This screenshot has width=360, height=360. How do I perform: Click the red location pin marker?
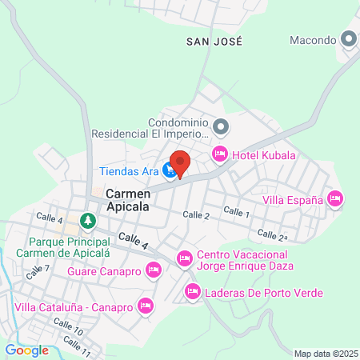click(x=180, y=163)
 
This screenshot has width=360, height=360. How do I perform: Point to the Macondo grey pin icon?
click(x=348, y=39)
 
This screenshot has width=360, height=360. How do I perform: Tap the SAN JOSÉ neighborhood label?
click(x=213, y=40)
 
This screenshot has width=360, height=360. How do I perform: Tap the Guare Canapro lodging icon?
click(x=154, y=272)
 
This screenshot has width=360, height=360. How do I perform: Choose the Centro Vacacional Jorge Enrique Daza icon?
click(x=185, y=258)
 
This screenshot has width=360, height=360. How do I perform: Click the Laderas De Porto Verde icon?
click(x=192, y=292)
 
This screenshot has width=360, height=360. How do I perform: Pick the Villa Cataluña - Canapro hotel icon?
click(x=145, y=305)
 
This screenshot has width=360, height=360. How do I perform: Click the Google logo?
click(x=26, y=350)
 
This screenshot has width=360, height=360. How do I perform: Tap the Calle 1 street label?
click(x=237, y=211)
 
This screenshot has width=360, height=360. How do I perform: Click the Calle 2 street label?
click(x=196, y=215)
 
